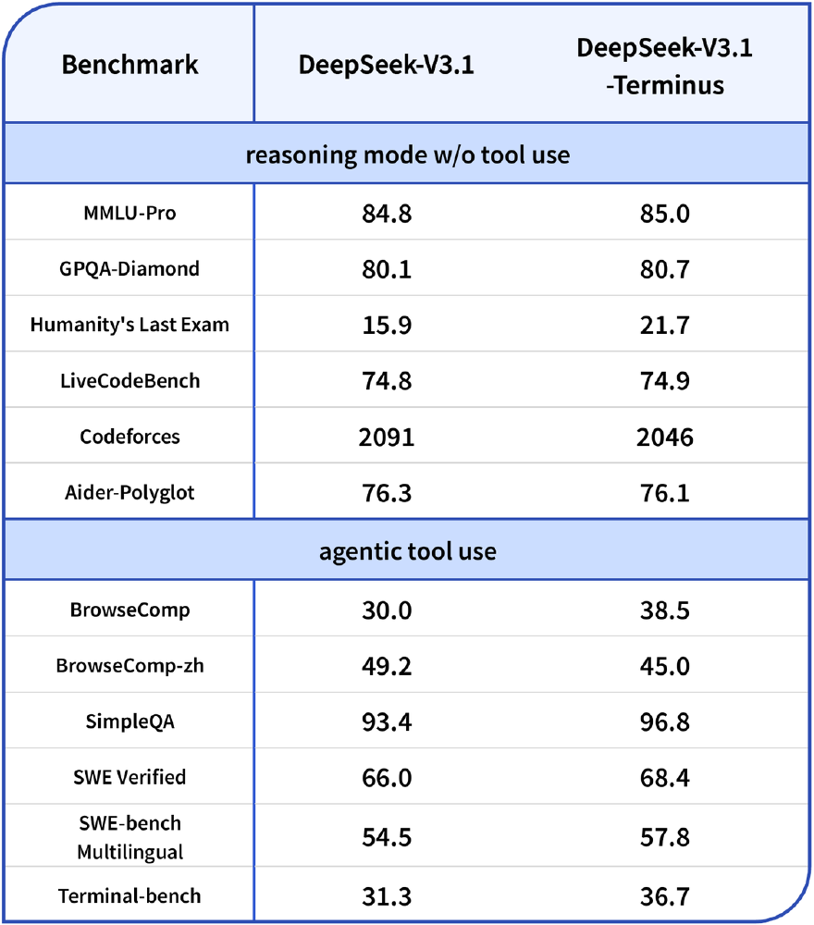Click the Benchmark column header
coord(129,65)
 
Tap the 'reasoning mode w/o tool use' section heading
coord(407,154)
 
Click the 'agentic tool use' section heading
coord(407,551)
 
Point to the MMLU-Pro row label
coord(129,214)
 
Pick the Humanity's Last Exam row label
coord(129,325)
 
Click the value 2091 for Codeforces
coord(386,437)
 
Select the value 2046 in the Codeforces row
coord(664,437)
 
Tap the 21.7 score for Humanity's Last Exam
coord(664,326)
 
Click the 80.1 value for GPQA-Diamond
coord(386,270)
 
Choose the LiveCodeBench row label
coord(129,381)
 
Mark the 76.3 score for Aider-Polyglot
coord(386,492)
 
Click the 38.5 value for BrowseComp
coord(664,610)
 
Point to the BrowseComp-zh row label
coord(129,666)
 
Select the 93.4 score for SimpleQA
coord(386,721)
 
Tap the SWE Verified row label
coord(129,777)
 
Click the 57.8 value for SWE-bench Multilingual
coord(664,837)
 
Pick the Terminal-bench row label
coord(129,895)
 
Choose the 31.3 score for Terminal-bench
coord(386,895)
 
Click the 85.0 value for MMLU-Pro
coord(664,215)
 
